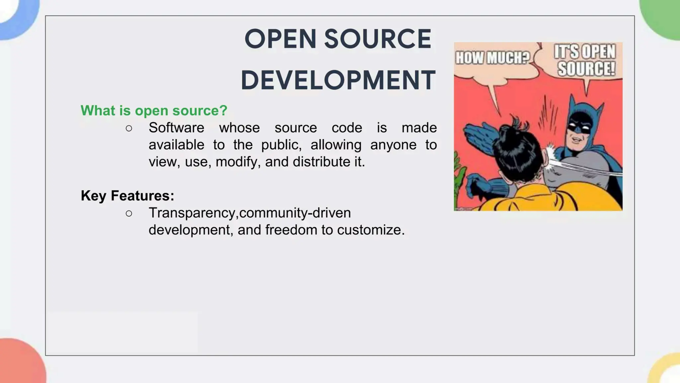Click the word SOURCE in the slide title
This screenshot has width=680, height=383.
[378, 39]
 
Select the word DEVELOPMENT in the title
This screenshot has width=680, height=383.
[338, 80]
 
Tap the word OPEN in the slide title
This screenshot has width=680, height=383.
[280, 39]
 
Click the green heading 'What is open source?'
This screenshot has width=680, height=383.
[154, 110]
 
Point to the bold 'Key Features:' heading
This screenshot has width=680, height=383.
[127, 195]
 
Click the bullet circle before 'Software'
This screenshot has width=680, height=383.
[129, 128]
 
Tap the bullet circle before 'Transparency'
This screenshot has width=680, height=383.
[129, 213]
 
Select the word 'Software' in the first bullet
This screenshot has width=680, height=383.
[176, 128]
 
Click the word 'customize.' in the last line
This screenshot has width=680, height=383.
[371, 230]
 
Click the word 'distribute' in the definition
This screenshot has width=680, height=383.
[317, 162]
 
